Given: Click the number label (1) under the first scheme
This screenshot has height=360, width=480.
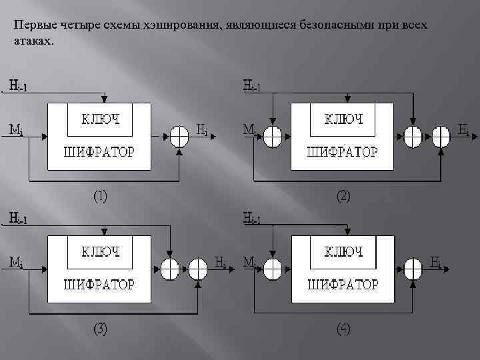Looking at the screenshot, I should point(101,197).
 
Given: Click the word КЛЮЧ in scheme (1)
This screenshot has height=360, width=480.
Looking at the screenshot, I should point(101,120).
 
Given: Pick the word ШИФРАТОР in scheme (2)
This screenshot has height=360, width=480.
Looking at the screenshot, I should point(343,152).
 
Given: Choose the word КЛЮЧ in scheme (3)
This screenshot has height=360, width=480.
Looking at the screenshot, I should point(101,252).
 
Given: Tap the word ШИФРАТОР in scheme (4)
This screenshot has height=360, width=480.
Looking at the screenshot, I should point(343,285).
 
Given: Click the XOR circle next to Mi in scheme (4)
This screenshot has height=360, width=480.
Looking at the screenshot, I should point(273,268).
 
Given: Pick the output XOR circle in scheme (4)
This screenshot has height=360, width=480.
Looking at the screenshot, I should point(413,268).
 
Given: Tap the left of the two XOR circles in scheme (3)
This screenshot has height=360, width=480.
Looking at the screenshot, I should point(171,268).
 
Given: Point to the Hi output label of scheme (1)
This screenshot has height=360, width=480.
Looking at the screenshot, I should point(202,128).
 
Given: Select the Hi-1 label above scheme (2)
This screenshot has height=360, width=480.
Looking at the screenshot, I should point(253,87).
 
